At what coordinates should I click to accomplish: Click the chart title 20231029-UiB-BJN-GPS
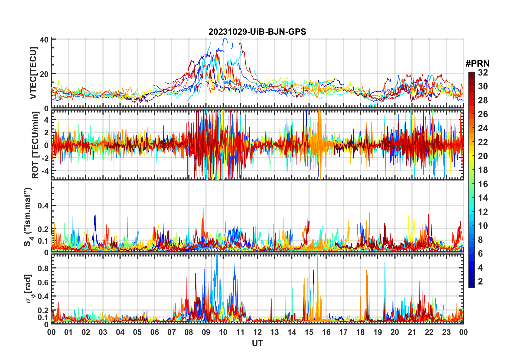point(257,32)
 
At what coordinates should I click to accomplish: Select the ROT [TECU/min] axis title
point(35,145)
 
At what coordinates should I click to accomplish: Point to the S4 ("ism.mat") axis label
point(28,217)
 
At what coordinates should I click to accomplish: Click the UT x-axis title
point(257,343)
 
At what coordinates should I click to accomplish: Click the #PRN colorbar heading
point(477,64)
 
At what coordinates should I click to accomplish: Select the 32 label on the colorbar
point(483,73)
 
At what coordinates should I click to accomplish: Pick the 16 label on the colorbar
point(483,184)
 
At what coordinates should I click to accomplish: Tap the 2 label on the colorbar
point(480,282)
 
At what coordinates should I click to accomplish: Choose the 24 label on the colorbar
point(483,128)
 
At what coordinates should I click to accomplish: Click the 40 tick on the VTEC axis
point(44,40)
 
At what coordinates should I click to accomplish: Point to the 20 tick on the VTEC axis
point(44,74)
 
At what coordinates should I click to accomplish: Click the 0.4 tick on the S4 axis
point(43,206)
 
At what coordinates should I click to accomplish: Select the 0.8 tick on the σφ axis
point(43,268)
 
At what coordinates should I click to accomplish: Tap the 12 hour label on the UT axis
point(257,332)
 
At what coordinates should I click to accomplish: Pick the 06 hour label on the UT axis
point(154,332)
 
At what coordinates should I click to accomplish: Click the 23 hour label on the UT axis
point(446,332)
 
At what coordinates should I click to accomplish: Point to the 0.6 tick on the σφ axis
point(43,282)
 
